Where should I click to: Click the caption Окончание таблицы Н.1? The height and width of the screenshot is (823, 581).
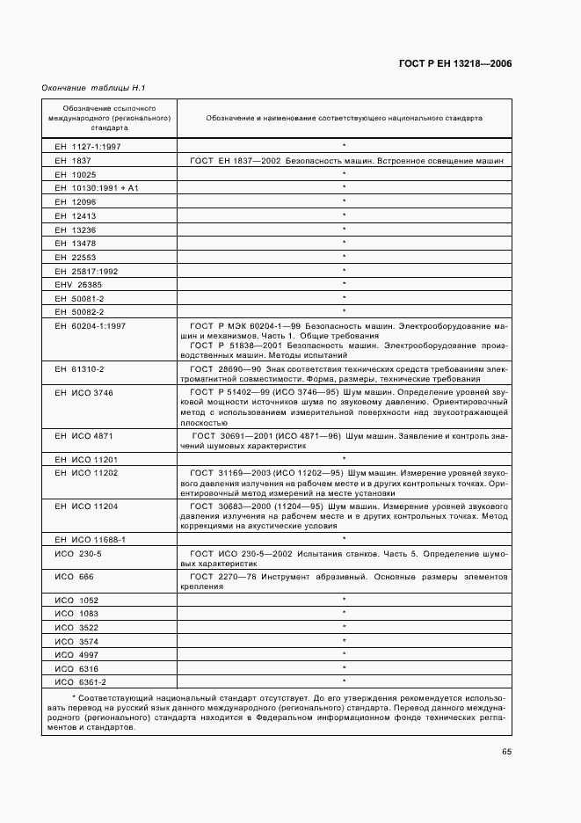click(x=93, y=89)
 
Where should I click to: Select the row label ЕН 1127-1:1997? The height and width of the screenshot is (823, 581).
click(x=88, y=146)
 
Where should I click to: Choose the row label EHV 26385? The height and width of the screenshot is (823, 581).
click(x=78, y=284)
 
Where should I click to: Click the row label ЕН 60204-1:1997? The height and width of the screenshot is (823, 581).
click(x=91, y=325)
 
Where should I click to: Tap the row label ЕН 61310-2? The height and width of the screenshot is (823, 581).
click(x=79, y=368)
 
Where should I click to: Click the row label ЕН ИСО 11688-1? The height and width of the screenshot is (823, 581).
click(x=91, y=538)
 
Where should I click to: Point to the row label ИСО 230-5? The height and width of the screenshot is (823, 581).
click(x=78, y=554)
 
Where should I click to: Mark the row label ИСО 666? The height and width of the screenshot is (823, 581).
click(x=73, y=577)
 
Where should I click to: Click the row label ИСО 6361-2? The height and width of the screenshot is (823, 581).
click(x=80, y=681)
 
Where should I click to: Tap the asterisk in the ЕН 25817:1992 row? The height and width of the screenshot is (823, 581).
click(x=344, y=270)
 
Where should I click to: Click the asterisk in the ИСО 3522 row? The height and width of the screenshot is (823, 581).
click(x=344, y=626)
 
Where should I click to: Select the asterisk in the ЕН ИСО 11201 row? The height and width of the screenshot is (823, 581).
click(x=344, y=458)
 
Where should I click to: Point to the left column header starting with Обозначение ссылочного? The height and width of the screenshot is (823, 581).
click(x=109, y=117)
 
